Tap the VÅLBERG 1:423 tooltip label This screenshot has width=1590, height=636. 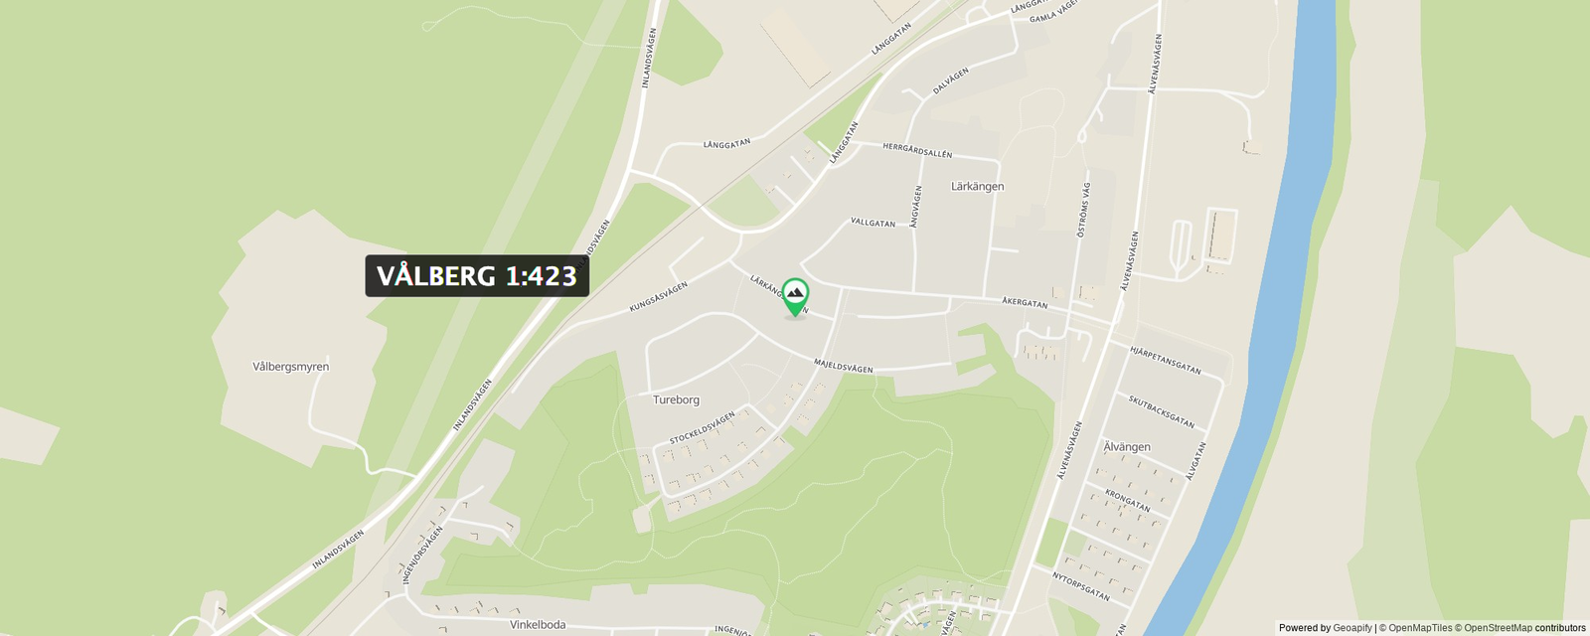(477, 276)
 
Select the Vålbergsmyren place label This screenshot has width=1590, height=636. (290, 367)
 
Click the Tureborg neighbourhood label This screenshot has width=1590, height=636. (676, 399)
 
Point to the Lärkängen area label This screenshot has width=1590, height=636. (977, 187)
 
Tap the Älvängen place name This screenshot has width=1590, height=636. (1127, 447)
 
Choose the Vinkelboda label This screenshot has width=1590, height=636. (538, 625)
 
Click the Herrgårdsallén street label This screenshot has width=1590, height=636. (917, 150)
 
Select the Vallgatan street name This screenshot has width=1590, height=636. (873, 223)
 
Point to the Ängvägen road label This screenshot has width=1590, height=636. (916, 207)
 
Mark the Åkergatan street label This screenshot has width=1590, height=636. (1025, 302)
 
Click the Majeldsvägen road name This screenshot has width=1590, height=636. (844, 366)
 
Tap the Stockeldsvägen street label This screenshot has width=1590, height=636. (702, 428)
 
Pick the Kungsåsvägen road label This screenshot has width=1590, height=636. (658, 297)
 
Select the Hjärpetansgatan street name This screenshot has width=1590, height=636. (1165, 360)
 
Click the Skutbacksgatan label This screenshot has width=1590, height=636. (1161, 411)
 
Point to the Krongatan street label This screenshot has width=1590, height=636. (1127, 500)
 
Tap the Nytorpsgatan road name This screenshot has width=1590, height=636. (1080, 585)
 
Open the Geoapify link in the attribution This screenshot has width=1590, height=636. (1351, 628)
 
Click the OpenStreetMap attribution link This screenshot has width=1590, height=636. (1498, 628)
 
